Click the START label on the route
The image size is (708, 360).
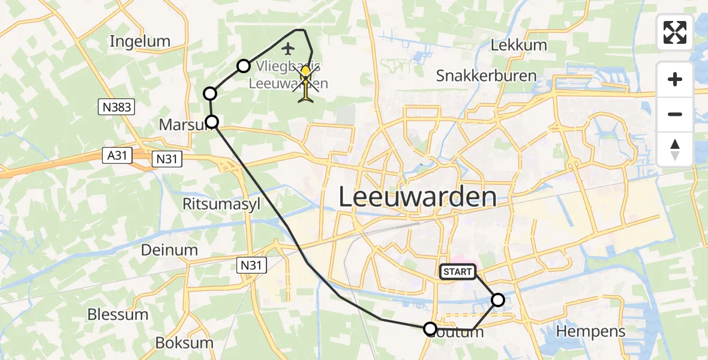coord(458,272)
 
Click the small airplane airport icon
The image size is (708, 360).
coord(289,48)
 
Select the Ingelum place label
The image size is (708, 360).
coord(140,41)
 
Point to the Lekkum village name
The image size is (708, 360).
coord(518,45)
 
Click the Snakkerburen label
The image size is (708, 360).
coord(486,76)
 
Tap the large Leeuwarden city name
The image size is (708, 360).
coord(418,197)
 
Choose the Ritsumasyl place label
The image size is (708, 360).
coord(221,204)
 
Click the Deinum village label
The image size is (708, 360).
coord(169,250)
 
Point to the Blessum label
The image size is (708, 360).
coord(118,314)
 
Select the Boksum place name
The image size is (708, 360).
coord(176,343)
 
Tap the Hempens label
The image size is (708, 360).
coord(590,331)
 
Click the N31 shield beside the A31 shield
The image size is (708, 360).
coord(166,158)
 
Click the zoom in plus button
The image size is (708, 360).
coord(675,79)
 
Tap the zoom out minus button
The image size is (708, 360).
coord(675,114)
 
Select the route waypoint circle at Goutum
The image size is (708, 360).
coord(430,329)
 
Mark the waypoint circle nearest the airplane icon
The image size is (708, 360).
coord(243,66)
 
